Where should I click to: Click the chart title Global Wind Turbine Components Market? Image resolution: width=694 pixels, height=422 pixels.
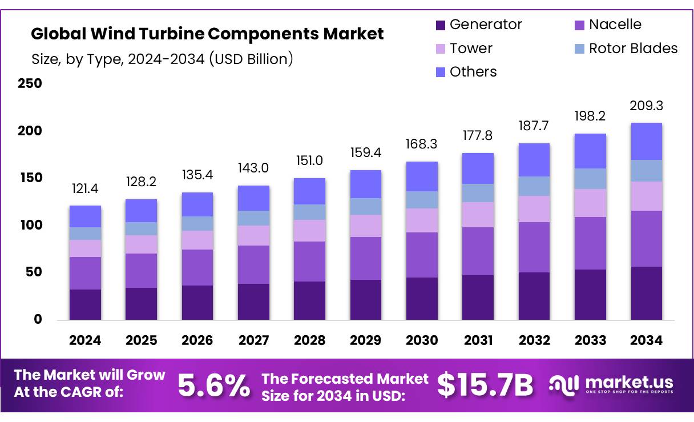tap(207, 34)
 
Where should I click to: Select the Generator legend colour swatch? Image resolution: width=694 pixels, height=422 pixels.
tap(440, 25)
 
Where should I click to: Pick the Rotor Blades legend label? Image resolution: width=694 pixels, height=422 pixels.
tap(633, 49)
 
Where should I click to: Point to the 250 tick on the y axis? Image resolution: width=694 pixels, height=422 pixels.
tap(30, 83)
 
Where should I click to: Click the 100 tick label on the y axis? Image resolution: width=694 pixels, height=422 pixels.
tap(30, 225)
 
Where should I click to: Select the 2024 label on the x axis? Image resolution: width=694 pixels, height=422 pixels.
tap(85, 340)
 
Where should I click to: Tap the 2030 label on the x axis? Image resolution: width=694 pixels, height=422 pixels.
tap(422, 340)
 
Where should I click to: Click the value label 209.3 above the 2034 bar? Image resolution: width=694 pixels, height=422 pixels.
tap(646, 106)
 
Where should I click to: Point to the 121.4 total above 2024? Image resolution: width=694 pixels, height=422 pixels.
tap(85, 188)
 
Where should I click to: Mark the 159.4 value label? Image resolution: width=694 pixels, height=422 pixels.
tap(365, 153)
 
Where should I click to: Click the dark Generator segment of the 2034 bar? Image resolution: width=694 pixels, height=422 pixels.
tap(646, 293)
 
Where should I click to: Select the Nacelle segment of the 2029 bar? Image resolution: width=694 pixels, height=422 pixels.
tap(365, 258)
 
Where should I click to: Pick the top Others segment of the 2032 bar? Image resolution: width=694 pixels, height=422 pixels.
tap(534, 160)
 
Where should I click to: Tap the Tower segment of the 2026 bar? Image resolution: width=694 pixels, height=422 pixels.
tap(197, 240)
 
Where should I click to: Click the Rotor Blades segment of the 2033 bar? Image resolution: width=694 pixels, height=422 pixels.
tap(590, 179)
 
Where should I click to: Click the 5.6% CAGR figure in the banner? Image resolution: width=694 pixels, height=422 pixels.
tap(214, 385)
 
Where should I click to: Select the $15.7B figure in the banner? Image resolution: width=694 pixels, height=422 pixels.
tap(485, 385)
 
